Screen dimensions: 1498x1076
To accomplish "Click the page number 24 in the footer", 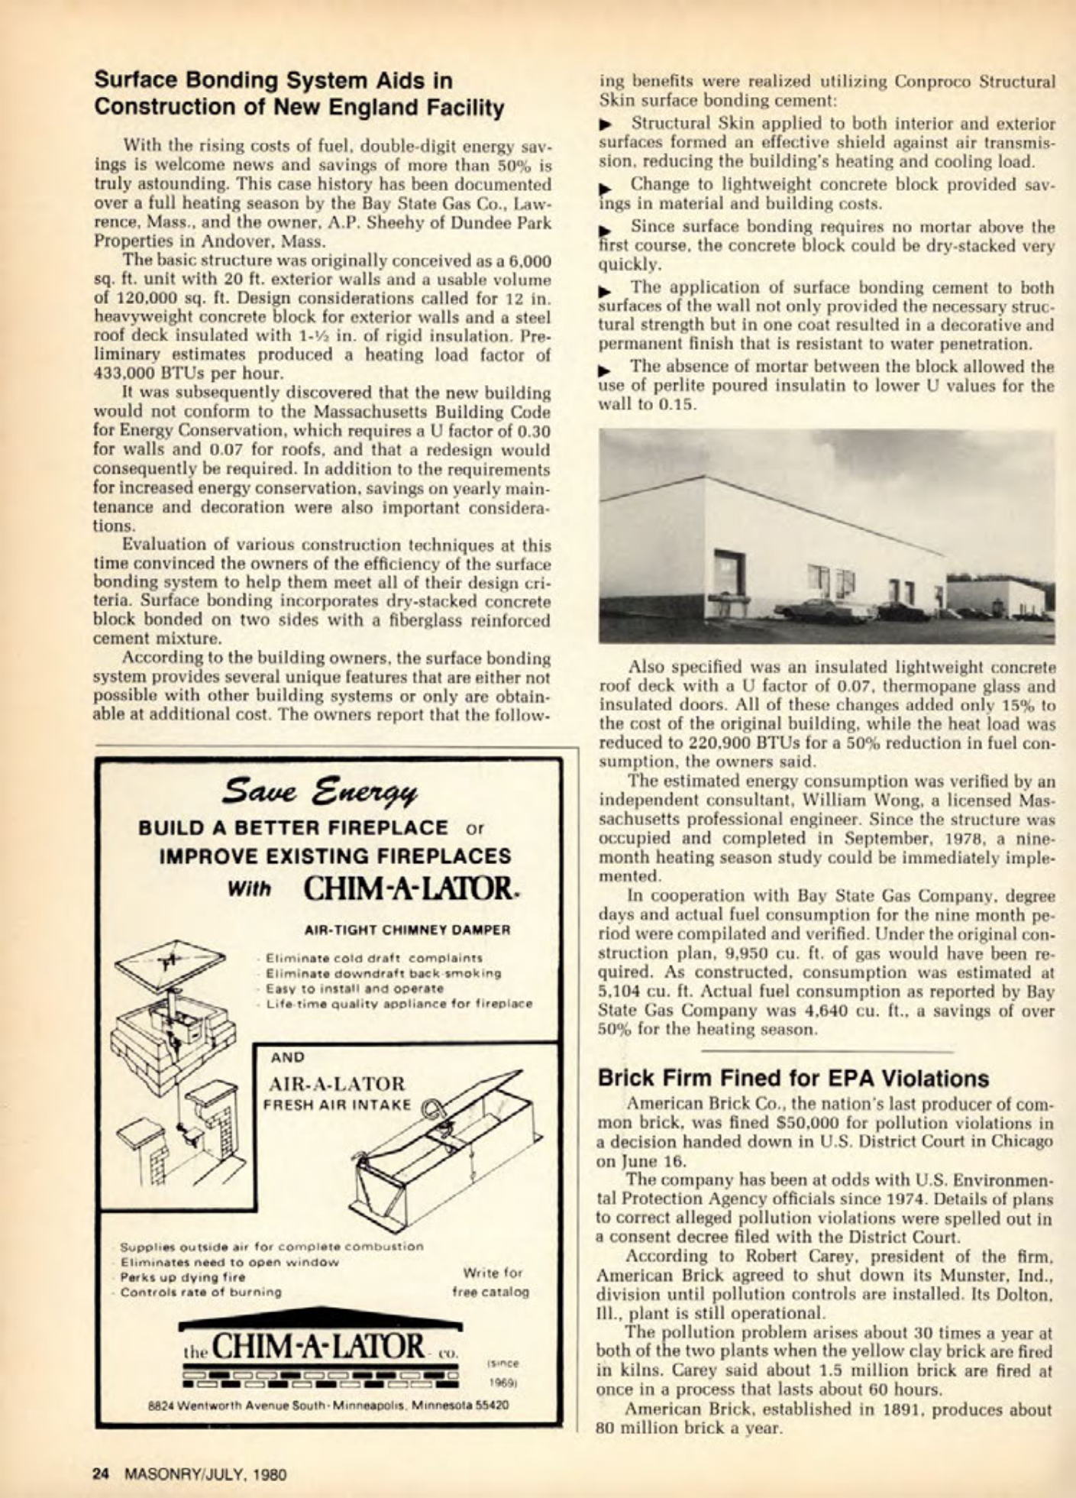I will [101, 1474].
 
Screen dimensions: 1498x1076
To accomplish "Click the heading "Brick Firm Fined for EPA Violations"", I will [793, 1078].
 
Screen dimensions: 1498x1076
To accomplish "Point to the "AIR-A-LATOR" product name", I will [336, 1084].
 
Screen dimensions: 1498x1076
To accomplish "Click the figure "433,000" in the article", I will [125, 374].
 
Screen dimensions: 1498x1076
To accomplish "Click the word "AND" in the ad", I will [288, 1058].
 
